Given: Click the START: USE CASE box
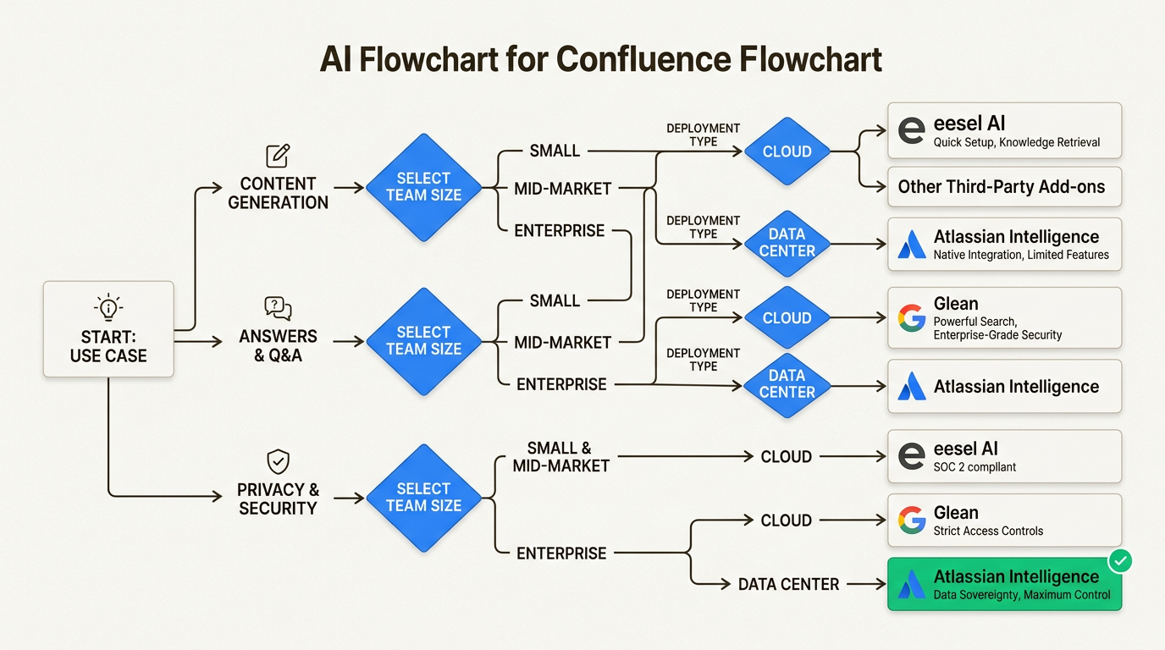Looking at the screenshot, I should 108,329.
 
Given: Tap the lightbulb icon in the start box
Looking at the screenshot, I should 108,306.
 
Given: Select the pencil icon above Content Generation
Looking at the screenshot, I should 278,156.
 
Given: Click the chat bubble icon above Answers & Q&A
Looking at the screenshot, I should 278,308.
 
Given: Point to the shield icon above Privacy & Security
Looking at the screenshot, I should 278,461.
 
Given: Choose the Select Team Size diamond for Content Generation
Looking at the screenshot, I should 423,187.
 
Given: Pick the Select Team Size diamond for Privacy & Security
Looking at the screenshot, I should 423,498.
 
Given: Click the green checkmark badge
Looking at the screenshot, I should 1120,560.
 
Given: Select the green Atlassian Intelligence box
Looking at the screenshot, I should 1004,584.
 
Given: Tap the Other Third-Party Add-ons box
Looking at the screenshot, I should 1004,187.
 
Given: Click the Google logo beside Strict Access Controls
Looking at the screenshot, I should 912,521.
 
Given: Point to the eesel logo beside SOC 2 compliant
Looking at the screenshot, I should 912,456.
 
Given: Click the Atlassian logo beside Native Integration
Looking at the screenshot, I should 912,245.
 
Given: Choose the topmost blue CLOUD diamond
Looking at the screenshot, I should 787,152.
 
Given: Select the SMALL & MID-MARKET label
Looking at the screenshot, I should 560,457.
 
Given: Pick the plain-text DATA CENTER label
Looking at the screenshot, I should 788,584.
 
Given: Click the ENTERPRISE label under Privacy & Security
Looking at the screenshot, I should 561,554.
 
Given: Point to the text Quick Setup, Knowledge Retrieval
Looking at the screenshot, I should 1016,142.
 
